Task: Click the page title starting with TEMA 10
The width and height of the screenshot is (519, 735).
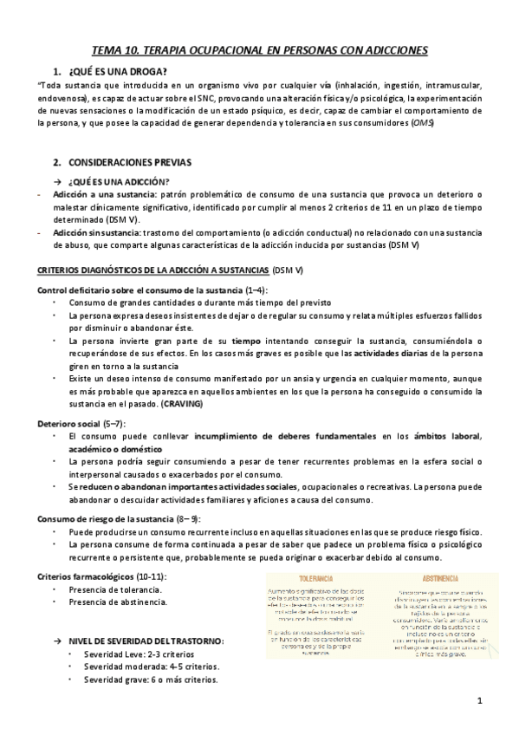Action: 260,52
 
